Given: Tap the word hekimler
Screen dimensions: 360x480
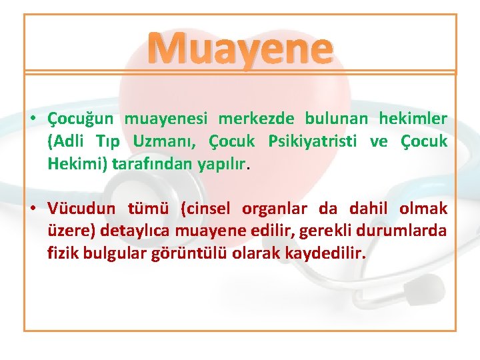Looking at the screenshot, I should coord(413,119).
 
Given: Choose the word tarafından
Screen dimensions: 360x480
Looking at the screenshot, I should coord(142,163).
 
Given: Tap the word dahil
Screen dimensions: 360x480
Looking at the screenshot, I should coord(369,209).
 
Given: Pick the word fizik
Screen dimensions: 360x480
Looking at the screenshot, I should coord(62,253).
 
